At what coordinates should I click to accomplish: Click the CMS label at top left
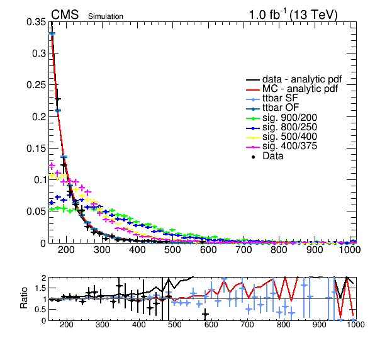65,14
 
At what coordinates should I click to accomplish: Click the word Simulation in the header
106,16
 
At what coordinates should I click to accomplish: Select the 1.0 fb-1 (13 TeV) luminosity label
293,15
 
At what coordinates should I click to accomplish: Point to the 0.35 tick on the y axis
36,22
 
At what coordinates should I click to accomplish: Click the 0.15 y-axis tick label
36,149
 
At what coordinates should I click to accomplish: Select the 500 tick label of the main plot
172,250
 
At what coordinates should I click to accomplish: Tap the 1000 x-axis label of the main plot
349,250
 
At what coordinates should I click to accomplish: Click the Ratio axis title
24,298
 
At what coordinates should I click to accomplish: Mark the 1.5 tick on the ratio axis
40,288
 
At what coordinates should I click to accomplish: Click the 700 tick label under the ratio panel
247,325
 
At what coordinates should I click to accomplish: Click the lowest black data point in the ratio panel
205,314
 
